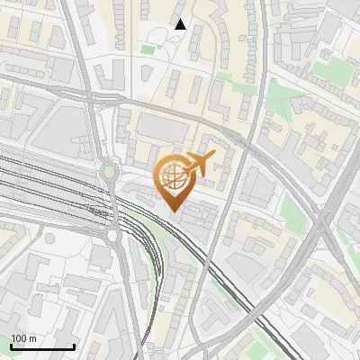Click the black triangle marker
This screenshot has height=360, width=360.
(x=181, y=24)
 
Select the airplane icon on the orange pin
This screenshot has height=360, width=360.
(x=198, y=164)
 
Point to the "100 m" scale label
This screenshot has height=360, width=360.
(x=23, y=338)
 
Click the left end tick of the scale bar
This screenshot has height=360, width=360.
(x=11, y=346)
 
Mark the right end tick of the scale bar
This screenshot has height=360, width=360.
(x=74, y=346)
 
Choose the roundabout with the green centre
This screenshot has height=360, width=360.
(x=109, y=170)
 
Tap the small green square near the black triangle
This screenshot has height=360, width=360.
(x=148, y=49)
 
